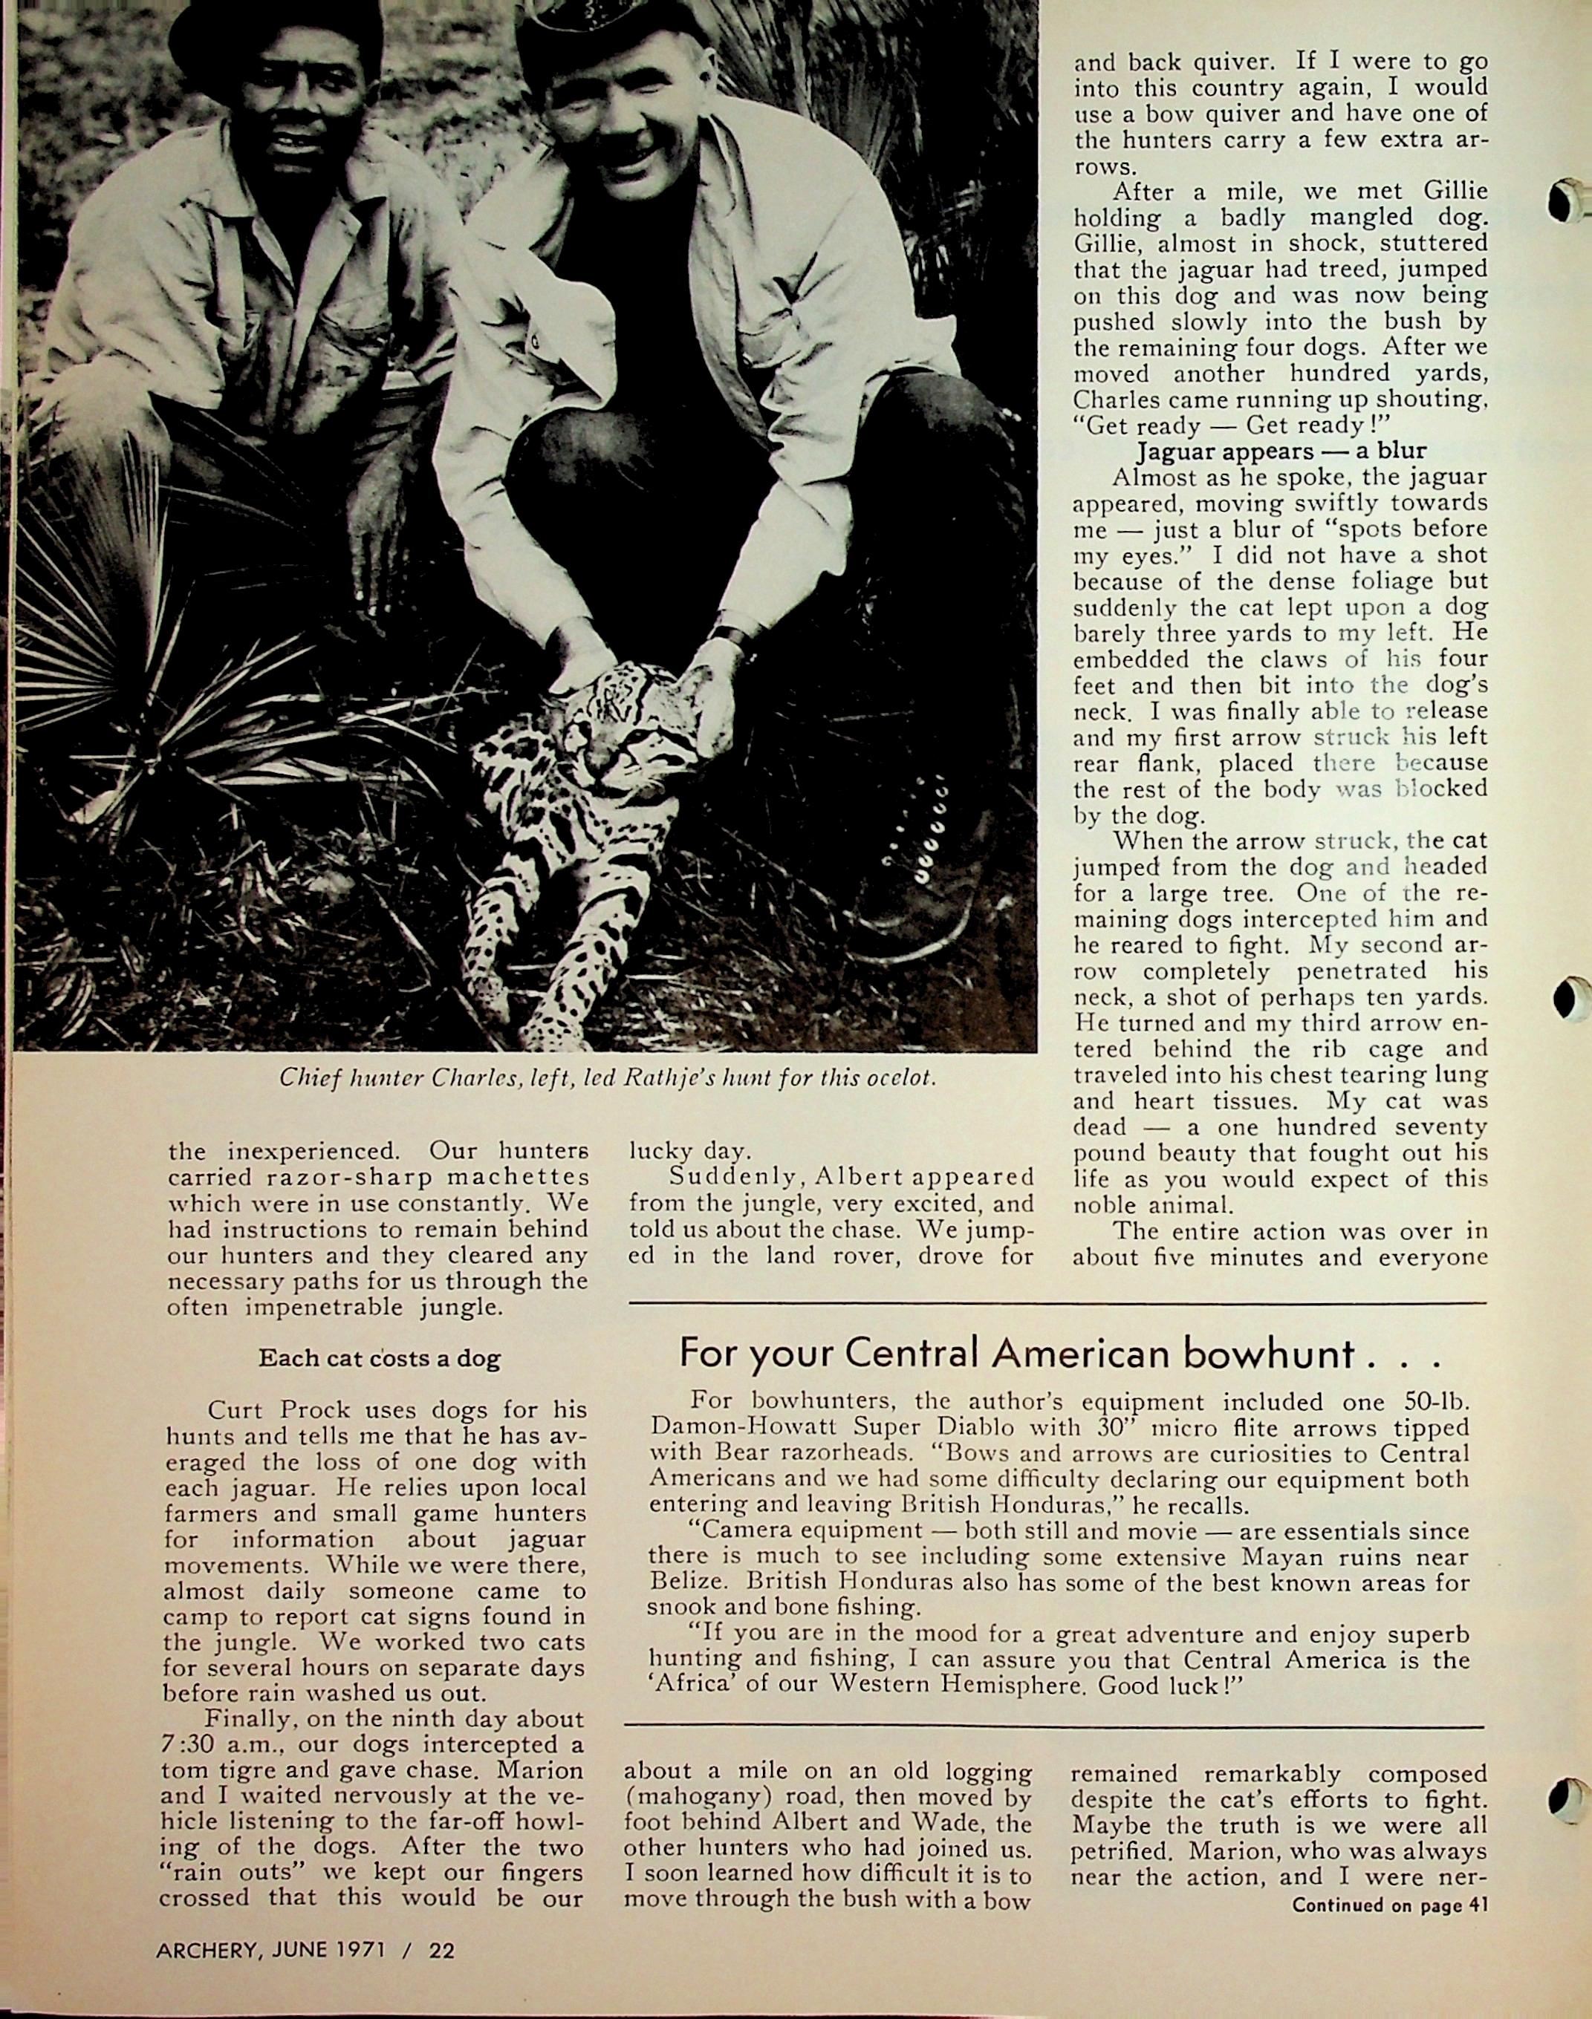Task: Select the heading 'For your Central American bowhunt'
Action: (x=1060, y=1352)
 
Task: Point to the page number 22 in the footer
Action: (x=442, y=1949)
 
